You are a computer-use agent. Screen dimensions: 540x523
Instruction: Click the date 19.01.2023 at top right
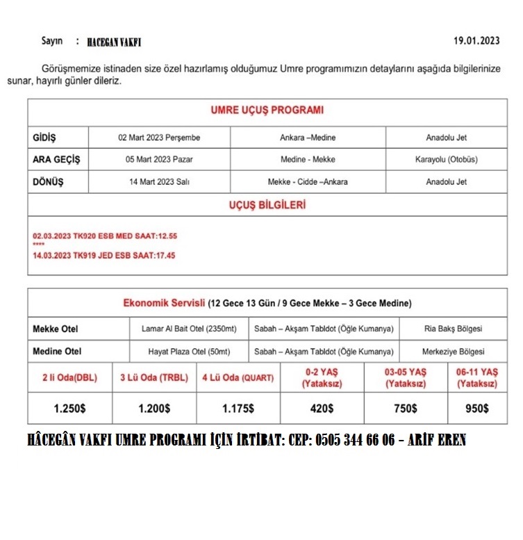476,41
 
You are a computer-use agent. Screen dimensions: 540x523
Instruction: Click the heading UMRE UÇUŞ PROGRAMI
267,110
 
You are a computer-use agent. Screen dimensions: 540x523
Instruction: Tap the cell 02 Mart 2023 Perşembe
159,138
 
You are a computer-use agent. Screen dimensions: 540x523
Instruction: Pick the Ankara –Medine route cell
308,138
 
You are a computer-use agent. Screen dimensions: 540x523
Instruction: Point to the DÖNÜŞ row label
48,182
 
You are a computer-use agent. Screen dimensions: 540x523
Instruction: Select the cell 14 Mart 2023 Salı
159,182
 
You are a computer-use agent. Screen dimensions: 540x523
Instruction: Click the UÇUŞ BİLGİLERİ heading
267,205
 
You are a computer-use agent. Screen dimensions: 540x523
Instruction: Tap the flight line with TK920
104,236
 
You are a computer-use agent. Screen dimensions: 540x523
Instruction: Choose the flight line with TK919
103,256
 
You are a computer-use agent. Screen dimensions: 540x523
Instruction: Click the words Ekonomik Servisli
164,303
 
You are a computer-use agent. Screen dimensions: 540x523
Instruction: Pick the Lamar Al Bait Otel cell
185,329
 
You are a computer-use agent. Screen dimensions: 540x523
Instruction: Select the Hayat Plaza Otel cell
185,352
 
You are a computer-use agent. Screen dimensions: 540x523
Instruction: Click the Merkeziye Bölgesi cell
454,352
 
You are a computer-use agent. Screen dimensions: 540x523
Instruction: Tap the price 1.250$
69,408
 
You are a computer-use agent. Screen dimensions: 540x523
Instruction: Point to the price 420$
322,408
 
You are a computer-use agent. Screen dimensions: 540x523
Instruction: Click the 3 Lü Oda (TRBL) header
154,378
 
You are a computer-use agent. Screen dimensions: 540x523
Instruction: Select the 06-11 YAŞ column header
476,377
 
